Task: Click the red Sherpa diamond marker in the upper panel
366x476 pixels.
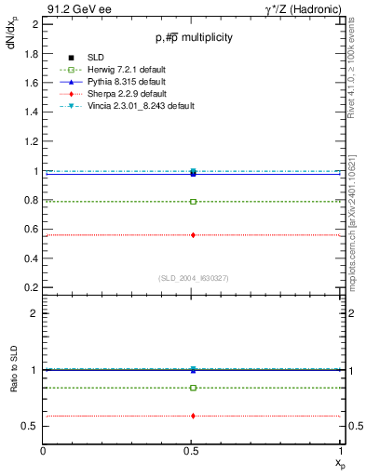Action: [x=193, y=235]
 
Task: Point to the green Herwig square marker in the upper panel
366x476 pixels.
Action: [x=193, y=201]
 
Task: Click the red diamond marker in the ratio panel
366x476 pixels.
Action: [x=193, y=416]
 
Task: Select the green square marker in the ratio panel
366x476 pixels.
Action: [x=193, y=388]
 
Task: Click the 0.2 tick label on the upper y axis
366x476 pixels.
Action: [x=32, y=287]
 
